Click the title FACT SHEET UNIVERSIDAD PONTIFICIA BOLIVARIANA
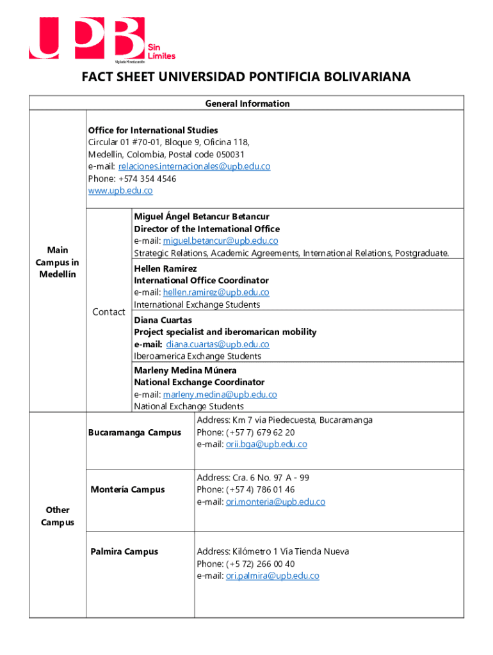coord(246,78)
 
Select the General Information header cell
coord(247,104)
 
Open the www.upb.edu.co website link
coord(120,191)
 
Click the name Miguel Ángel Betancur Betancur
coord(202,217)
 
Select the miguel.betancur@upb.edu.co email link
coord(220,241)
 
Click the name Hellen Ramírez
coord(165,268)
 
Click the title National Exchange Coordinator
coord(199,383)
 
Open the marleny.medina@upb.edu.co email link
coord(220,395)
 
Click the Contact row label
coord(109,312)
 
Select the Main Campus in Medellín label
coord(58,262)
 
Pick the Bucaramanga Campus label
coord(134,432)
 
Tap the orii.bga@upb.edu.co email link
coord(266,445)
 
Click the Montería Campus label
coord(127,490)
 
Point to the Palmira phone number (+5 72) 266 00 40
coord(261,564)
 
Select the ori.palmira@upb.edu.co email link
coord(272,576)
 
